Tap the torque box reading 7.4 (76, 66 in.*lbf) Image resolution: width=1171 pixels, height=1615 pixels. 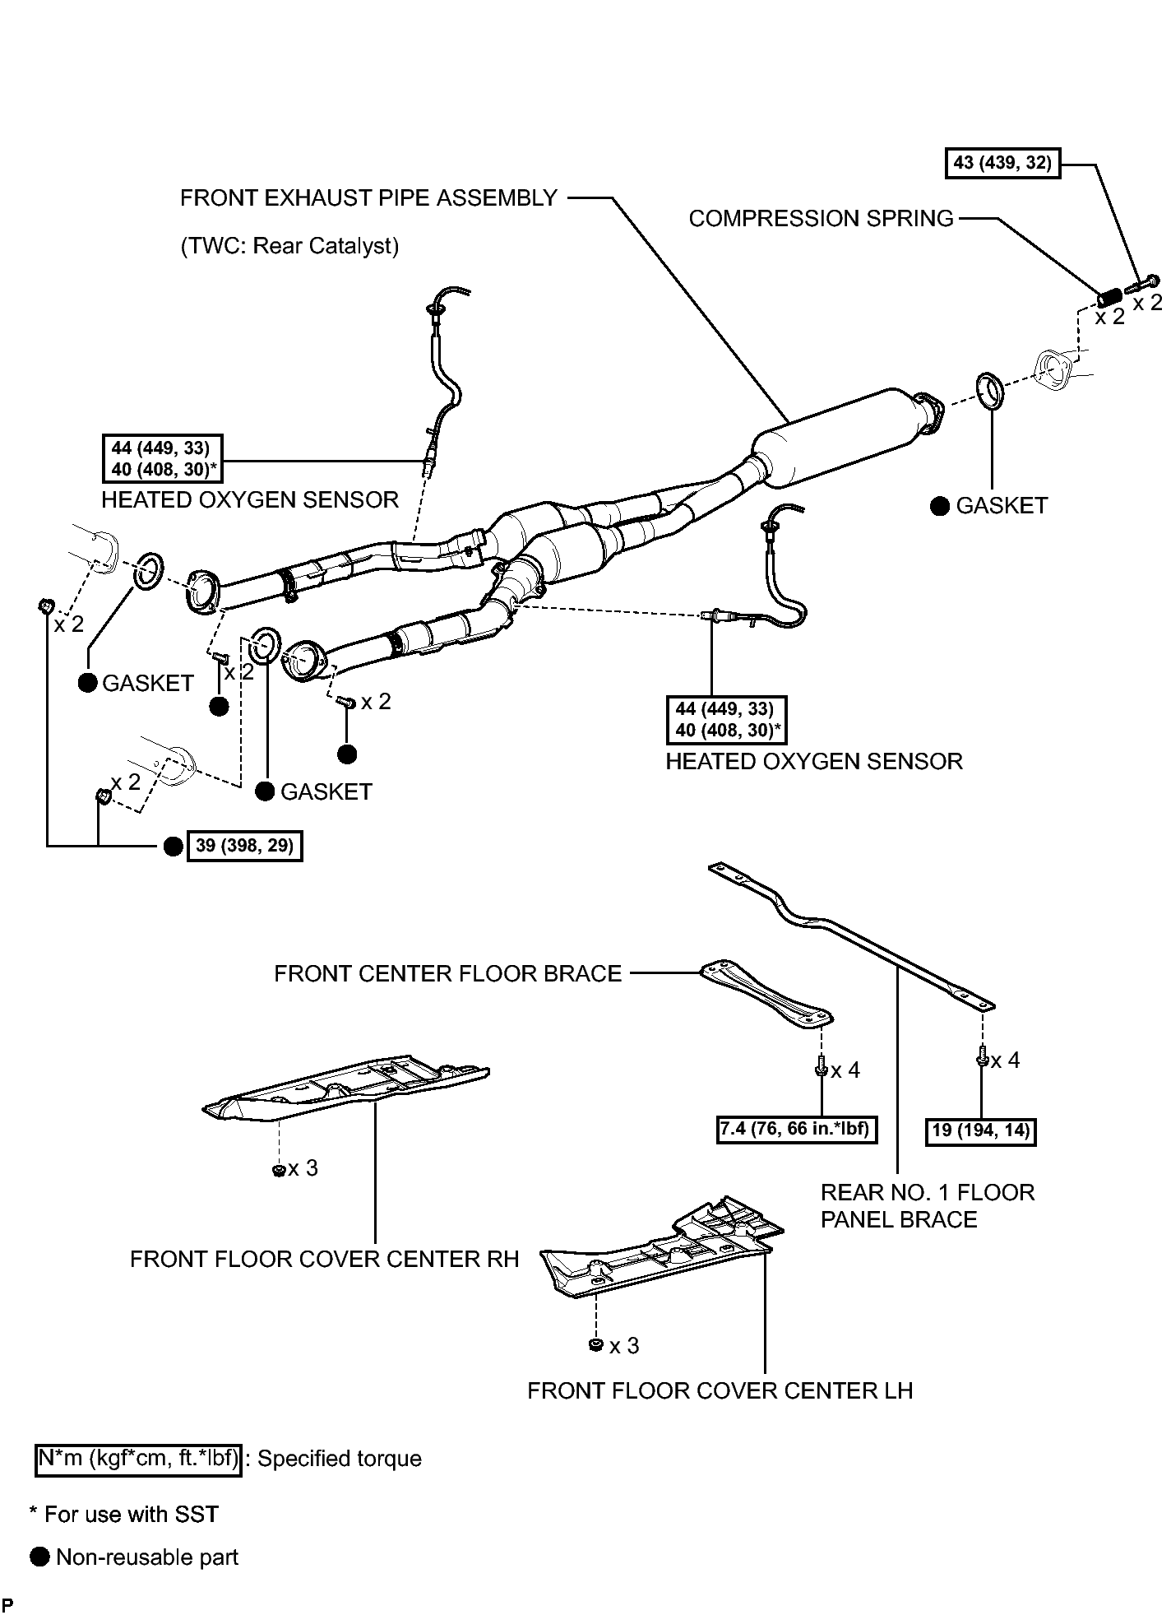pyautogui.click(x=795, y=1129)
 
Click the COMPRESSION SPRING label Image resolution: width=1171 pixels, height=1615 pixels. pyautogui.click(x=821, y=219)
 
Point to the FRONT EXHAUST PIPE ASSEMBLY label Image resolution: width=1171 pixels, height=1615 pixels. pyautogui.click(x=368, y=198)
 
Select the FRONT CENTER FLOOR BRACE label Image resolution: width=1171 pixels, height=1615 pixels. pyautogui.click(x=447, y=974)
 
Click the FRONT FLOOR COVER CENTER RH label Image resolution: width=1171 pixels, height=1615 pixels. pyautogui.click(x=324, y=1260)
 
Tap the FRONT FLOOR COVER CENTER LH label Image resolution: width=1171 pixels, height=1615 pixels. pyautogui.click(x=720, y=1390)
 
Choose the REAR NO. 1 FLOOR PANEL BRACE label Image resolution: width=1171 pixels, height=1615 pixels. pyautogui.click(x=928, y=1205)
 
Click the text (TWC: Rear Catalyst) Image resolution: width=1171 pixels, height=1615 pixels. pyautogui.click(x=289, y=246)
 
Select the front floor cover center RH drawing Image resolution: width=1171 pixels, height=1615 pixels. pyautogui.click(x=345, y=1091)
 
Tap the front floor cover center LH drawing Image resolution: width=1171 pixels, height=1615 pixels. pyautogui.click(x=663, y=1249)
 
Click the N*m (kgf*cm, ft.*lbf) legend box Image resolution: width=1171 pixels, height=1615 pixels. pyautogui.click(x=139, y=1459)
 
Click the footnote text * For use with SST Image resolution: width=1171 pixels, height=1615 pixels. pyautogui.click(x=124, y=1515)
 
